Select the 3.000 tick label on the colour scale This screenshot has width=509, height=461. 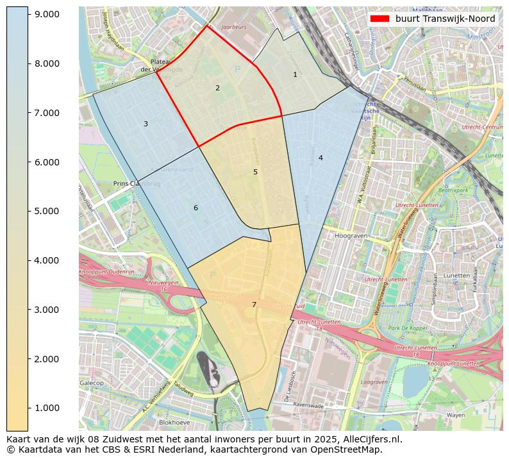(47, 310)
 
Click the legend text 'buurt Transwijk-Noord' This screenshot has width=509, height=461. (445, 19)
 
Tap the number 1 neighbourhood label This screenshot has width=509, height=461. (295, 74)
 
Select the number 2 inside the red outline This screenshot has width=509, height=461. (217, 88)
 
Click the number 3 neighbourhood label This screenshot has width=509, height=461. (146, 124)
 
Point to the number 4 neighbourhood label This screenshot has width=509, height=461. (321, 158)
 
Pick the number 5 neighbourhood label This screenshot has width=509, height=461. (255, 172)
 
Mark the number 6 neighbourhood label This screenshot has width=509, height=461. (196, 208)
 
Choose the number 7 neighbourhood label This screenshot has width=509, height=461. (254, 305)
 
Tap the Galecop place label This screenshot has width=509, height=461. (92, 383)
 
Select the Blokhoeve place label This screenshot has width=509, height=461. (175, 423)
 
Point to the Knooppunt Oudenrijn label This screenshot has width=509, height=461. (106, 272)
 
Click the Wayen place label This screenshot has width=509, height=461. (456, 415)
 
